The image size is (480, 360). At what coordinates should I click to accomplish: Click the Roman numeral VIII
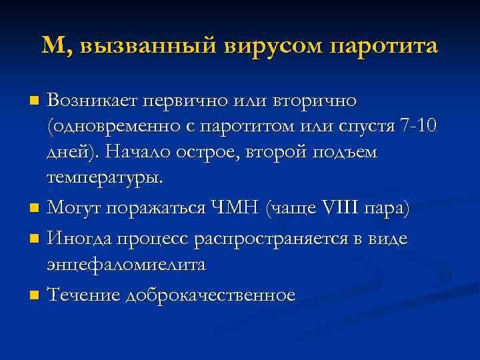point(342,209)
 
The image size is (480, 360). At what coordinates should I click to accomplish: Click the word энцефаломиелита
point(126,265)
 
